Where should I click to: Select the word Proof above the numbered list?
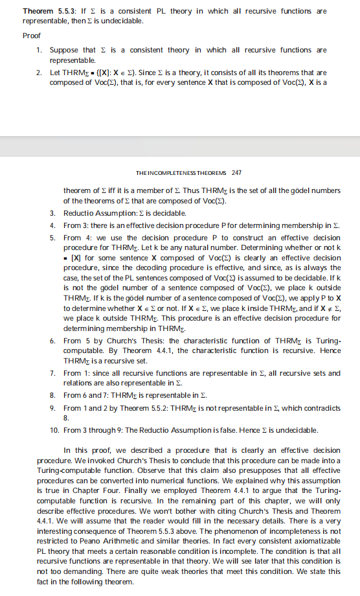pos(31,36)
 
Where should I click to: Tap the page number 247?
pos(236,173)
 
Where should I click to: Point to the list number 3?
pos(52,213)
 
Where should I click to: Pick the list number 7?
pos(52,374)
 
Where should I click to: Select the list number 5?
pos(52,238)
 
